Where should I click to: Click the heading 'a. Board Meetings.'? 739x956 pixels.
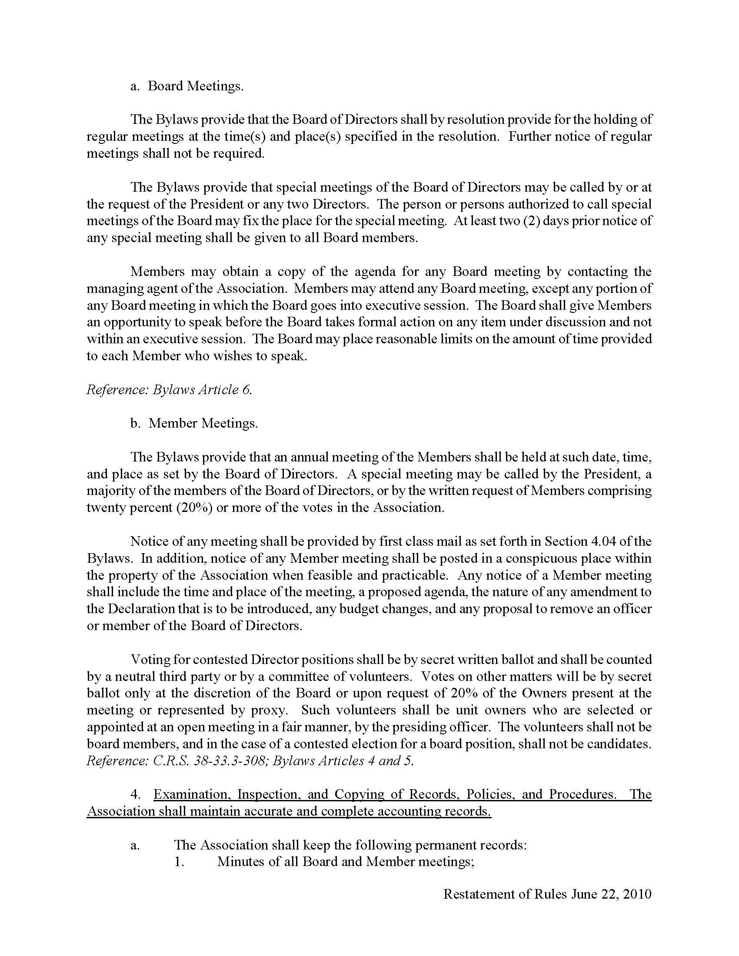point(186,86)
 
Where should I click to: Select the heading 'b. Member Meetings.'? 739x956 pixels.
point(194,423)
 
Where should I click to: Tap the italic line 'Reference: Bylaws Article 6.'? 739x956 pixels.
point(170,390)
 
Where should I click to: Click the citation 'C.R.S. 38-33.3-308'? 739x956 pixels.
point(210,760)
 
